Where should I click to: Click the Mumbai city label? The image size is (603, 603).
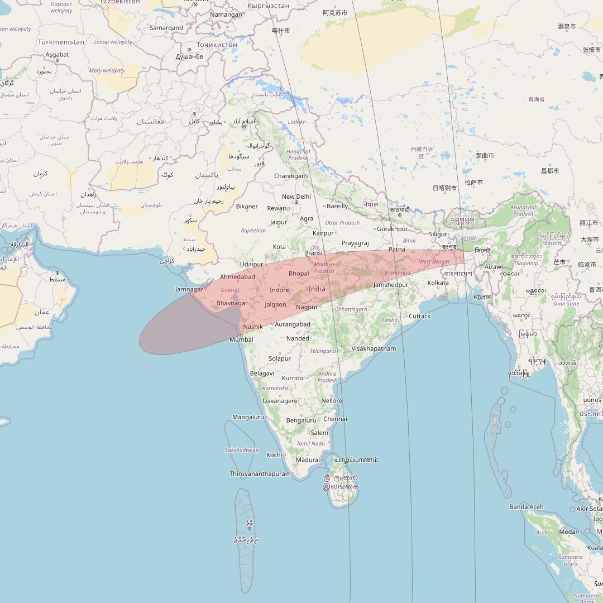241,339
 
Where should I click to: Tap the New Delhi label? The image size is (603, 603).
296,197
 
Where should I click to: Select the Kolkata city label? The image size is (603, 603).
438,283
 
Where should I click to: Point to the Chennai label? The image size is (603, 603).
335,419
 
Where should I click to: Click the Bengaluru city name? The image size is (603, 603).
300,420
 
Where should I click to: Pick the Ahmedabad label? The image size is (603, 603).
237,277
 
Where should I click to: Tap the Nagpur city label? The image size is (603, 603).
307,307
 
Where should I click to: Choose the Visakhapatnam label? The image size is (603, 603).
374,348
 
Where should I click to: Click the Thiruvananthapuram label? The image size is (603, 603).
260,474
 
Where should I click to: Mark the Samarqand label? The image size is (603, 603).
166,27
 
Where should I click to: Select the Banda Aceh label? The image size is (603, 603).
526,507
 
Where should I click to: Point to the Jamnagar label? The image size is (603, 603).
189,289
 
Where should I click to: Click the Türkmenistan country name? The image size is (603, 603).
61,42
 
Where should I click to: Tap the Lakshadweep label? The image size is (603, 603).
242,450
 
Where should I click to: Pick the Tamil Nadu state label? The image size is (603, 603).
310,443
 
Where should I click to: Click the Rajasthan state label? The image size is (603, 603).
253,231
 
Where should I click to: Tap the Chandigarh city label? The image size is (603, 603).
290,176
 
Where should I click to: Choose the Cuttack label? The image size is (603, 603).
419,316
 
